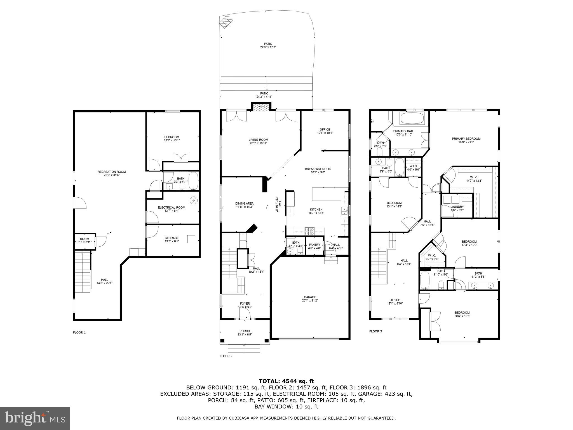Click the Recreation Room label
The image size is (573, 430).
click(x=111, y=172)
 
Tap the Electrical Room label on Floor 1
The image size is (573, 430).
click(x=171, y=207)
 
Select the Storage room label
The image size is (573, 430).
click(x=172, y=238)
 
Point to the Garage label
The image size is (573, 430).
click(x=310, y=297)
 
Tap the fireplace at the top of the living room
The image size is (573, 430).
click(x=261, y=108)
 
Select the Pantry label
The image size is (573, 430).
click(x=314, y=245)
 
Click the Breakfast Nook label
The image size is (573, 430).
click(x=318, y=169)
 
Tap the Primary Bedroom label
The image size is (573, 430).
click(x=466, y=139)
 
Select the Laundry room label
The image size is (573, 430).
click(x=457, y=207)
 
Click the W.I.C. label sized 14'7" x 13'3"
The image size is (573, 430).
click(x=474, y=177)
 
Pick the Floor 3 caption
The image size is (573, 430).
click(x=375, y=331)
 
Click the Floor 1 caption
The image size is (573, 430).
click(x=79, y=332)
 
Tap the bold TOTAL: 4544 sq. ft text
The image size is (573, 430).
click(x=286, y=381)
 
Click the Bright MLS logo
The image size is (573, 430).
click(x=35, y=418)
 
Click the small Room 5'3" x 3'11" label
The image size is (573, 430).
click(x=84, y=239)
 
